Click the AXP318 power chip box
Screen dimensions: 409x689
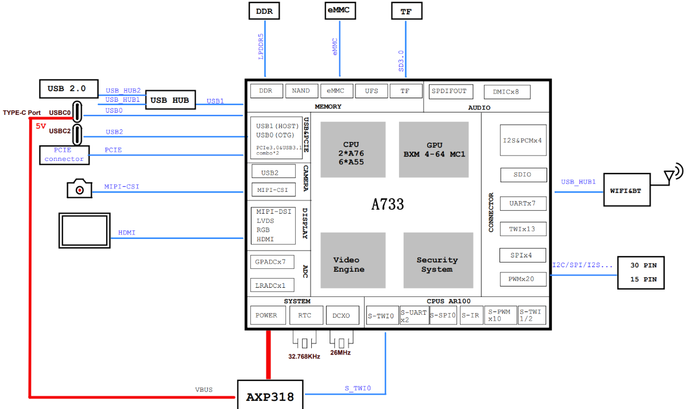click(270, 397)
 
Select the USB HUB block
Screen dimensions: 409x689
click(170, 101)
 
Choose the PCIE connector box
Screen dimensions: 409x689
click(64, 155)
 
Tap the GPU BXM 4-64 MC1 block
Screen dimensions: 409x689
click(433, 149)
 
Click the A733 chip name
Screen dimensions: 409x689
click(388, 204)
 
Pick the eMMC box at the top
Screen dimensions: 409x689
click(339, 11)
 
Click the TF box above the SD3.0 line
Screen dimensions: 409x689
click(406, 11)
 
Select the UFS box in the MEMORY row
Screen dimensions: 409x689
click(371, 91)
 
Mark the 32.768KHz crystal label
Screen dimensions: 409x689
click(304, 356)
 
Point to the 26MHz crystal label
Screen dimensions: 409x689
click(340, 353)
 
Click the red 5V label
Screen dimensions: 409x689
click(41, 126)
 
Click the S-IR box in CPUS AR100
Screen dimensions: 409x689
click(471, 315)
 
